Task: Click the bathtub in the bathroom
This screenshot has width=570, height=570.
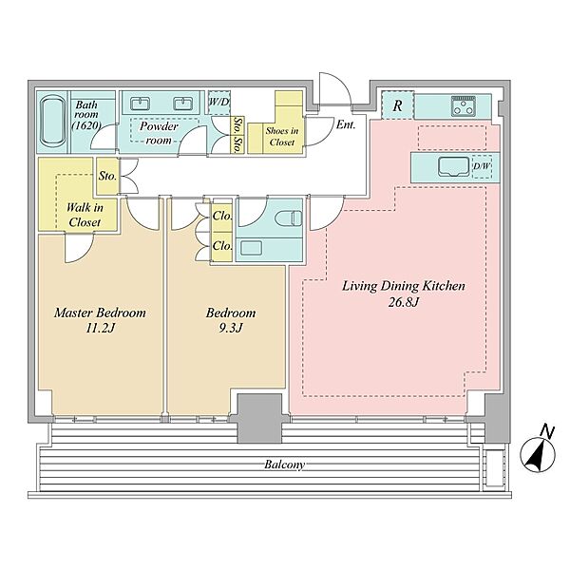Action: pyautogui.click(x=53, y=122)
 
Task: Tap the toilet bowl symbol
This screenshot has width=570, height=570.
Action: pyautogui.click(x=289, y=218)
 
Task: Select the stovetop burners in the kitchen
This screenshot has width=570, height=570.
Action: pyautogui.click(x=464, y=105)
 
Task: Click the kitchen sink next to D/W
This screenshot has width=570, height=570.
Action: pyautogui.click(x=454, y=167)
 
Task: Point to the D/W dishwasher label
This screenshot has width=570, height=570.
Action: pyautogui.click(x=482, y=166)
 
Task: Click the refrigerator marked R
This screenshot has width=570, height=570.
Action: pyautogui.click(x=398, y=105)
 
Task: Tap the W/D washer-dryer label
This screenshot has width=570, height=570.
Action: pyautogui.click(x=218, y=102)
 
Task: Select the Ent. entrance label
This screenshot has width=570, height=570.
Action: pyautogui.click(x=346, y=124)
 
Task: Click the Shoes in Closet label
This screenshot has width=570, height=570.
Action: pyautogui.click(x=282, y=136)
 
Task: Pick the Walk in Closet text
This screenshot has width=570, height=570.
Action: pyautogui.click(x=85, y=215)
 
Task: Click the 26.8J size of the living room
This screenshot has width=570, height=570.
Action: pyautogui.click(x=404, y=302)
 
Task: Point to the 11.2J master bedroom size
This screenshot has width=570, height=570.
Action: pyautogui.click(x=100, y=329)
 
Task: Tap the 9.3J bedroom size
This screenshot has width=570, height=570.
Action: pyautogui.click(x=231, y=329)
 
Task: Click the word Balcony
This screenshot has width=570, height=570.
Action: pyautogui.click(x=284, y=465)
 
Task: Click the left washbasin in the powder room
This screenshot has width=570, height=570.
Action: pyautogui.click(x=140, y=104)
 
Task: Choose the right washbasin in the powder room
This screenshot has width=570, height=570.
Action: pyautogui.click(x=182, y=104)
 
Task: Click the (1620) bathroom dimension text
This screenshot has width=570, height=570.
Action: pyautogui.click(x=85, y=125)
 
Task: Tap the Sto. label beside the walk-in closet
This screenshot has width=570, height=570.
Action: pyautogui.click(x=107, y=176)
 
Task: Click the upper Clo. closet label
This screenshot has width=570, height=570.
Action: pyautogui.click(x=221, y=216)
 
